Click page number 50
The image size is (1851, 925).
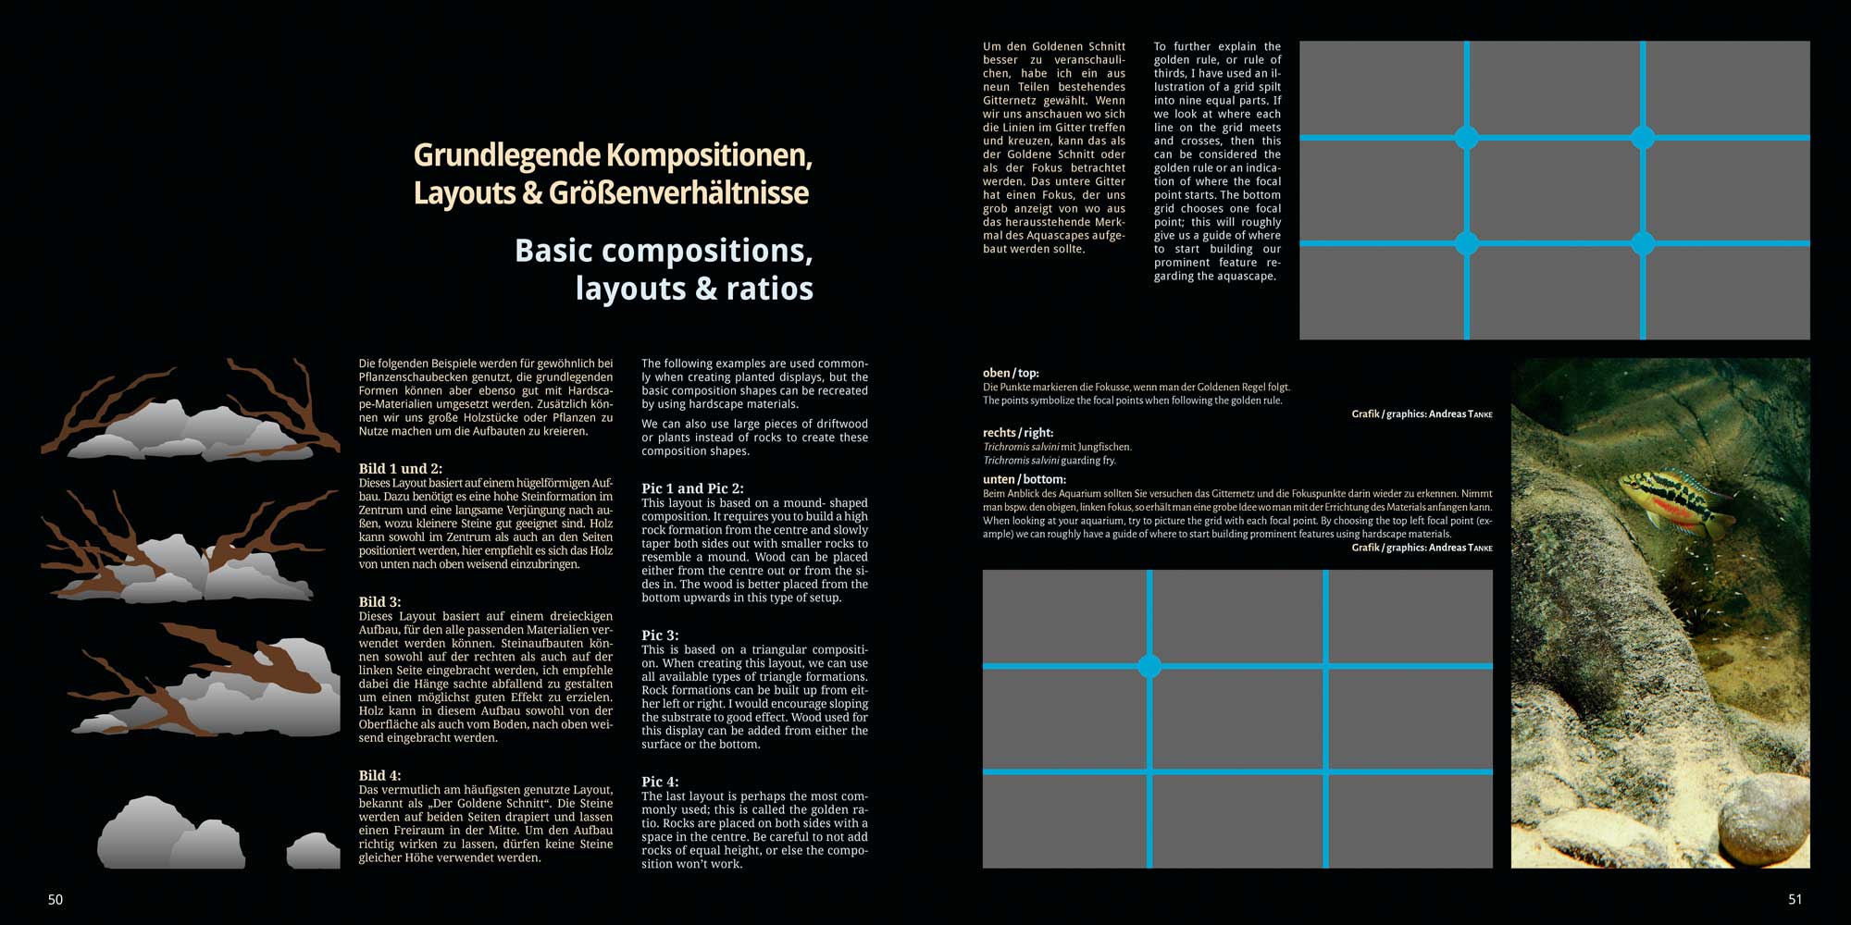pos(56,900)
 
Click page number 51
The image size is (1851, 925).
pos(1795,900)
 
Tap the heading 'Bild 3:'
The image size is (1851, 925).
pos(379,602)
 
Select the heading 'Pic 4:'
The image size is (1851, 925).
pos(660,782)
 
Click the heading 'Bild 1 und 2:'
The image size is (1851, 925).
pos(400,469)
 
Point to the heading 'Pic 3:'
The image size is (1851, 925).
pos(660,635)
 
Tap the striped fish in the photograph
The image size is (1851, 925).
pos(1673,499)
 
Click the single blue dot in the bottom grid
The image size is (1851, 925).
pos(1149,666)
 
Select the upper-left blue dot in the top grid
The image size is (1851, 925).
pos(1467,138)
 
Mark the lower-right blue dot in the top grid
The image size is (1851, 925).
pos(1643,243)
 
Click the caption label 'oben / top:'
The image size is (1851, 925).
pos(1011,373)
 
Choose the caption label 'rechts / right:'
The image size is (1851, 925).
pos(1017,432)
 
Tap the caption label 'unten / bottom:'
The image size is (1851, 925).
pos(1024,479)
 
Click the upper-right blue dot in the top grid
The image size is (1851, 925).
pos(1643,138)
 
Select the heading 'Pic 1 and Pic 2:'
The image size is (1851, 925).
pos(692,488)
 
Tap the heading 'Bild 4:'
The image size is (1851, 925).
pos(379,775)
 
